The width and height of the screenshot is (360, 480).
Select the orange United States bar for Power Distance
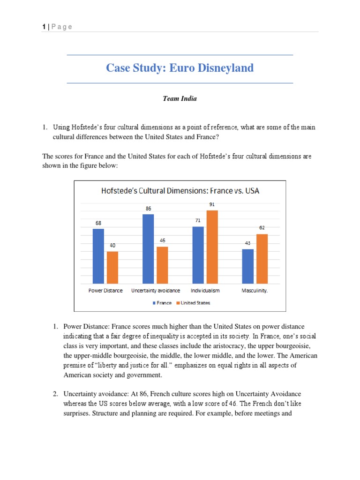tap(112, 267)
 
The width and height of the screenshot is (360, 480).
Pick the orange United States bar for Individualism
tap(212, 247)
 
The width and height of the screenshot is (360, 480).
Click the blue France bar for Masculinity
tap(248, 266)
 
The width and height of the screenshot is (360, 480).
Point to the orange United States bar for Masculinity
tap(262, 258)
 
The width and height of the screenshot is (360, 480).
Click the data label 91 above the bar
tap(212, 204)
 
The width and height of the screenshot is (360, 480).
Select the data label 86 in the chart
tap(148, 209)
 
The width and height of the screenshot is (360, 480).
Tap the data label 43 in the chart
tap(248, 243)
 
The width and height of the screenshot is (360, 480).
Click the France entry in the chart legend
tap(162, 303)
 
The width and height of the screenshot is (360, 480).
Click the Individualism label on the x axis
tap(205, 291)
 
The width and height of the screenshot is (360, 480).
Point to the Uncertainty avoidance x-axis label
tap(155, 291)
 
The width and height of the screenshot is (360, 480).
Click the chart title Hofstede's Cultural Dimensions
tap(180, 191)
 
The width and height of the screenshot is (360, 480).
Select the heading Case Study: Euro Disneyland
tap(180, 68)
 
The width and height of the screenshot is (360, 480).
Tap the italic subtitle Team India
tap(180, 98)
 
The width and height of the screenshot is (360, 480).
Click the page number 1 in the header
tap(44, 27)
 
